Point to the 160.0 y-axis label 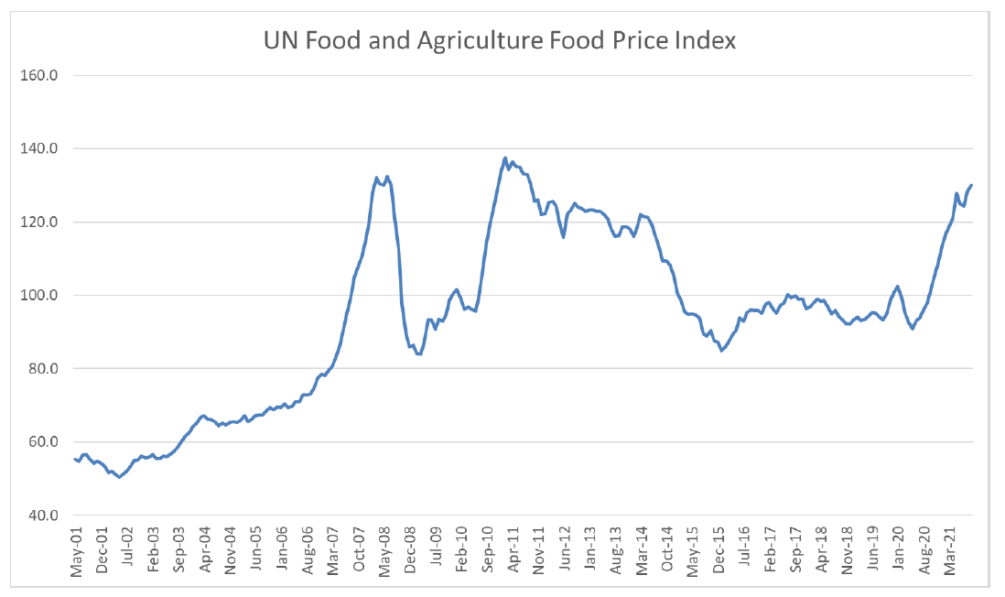coord(39,75)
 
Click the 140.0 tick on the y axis coord(39,148)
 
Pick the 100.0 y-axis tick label coord(39,295)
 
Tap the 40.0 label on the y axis coord(41,516)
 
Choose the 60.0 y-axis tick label coord(41,442)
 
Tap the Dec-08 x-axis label coord(412,551)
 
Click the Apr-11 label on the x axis coord(514,551)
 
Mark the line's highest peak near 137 coord(505,157)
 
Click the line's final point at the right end coord(971,185)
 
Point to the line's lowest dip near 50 coord(119,477)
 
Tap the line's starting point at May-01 coord(74,459)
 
